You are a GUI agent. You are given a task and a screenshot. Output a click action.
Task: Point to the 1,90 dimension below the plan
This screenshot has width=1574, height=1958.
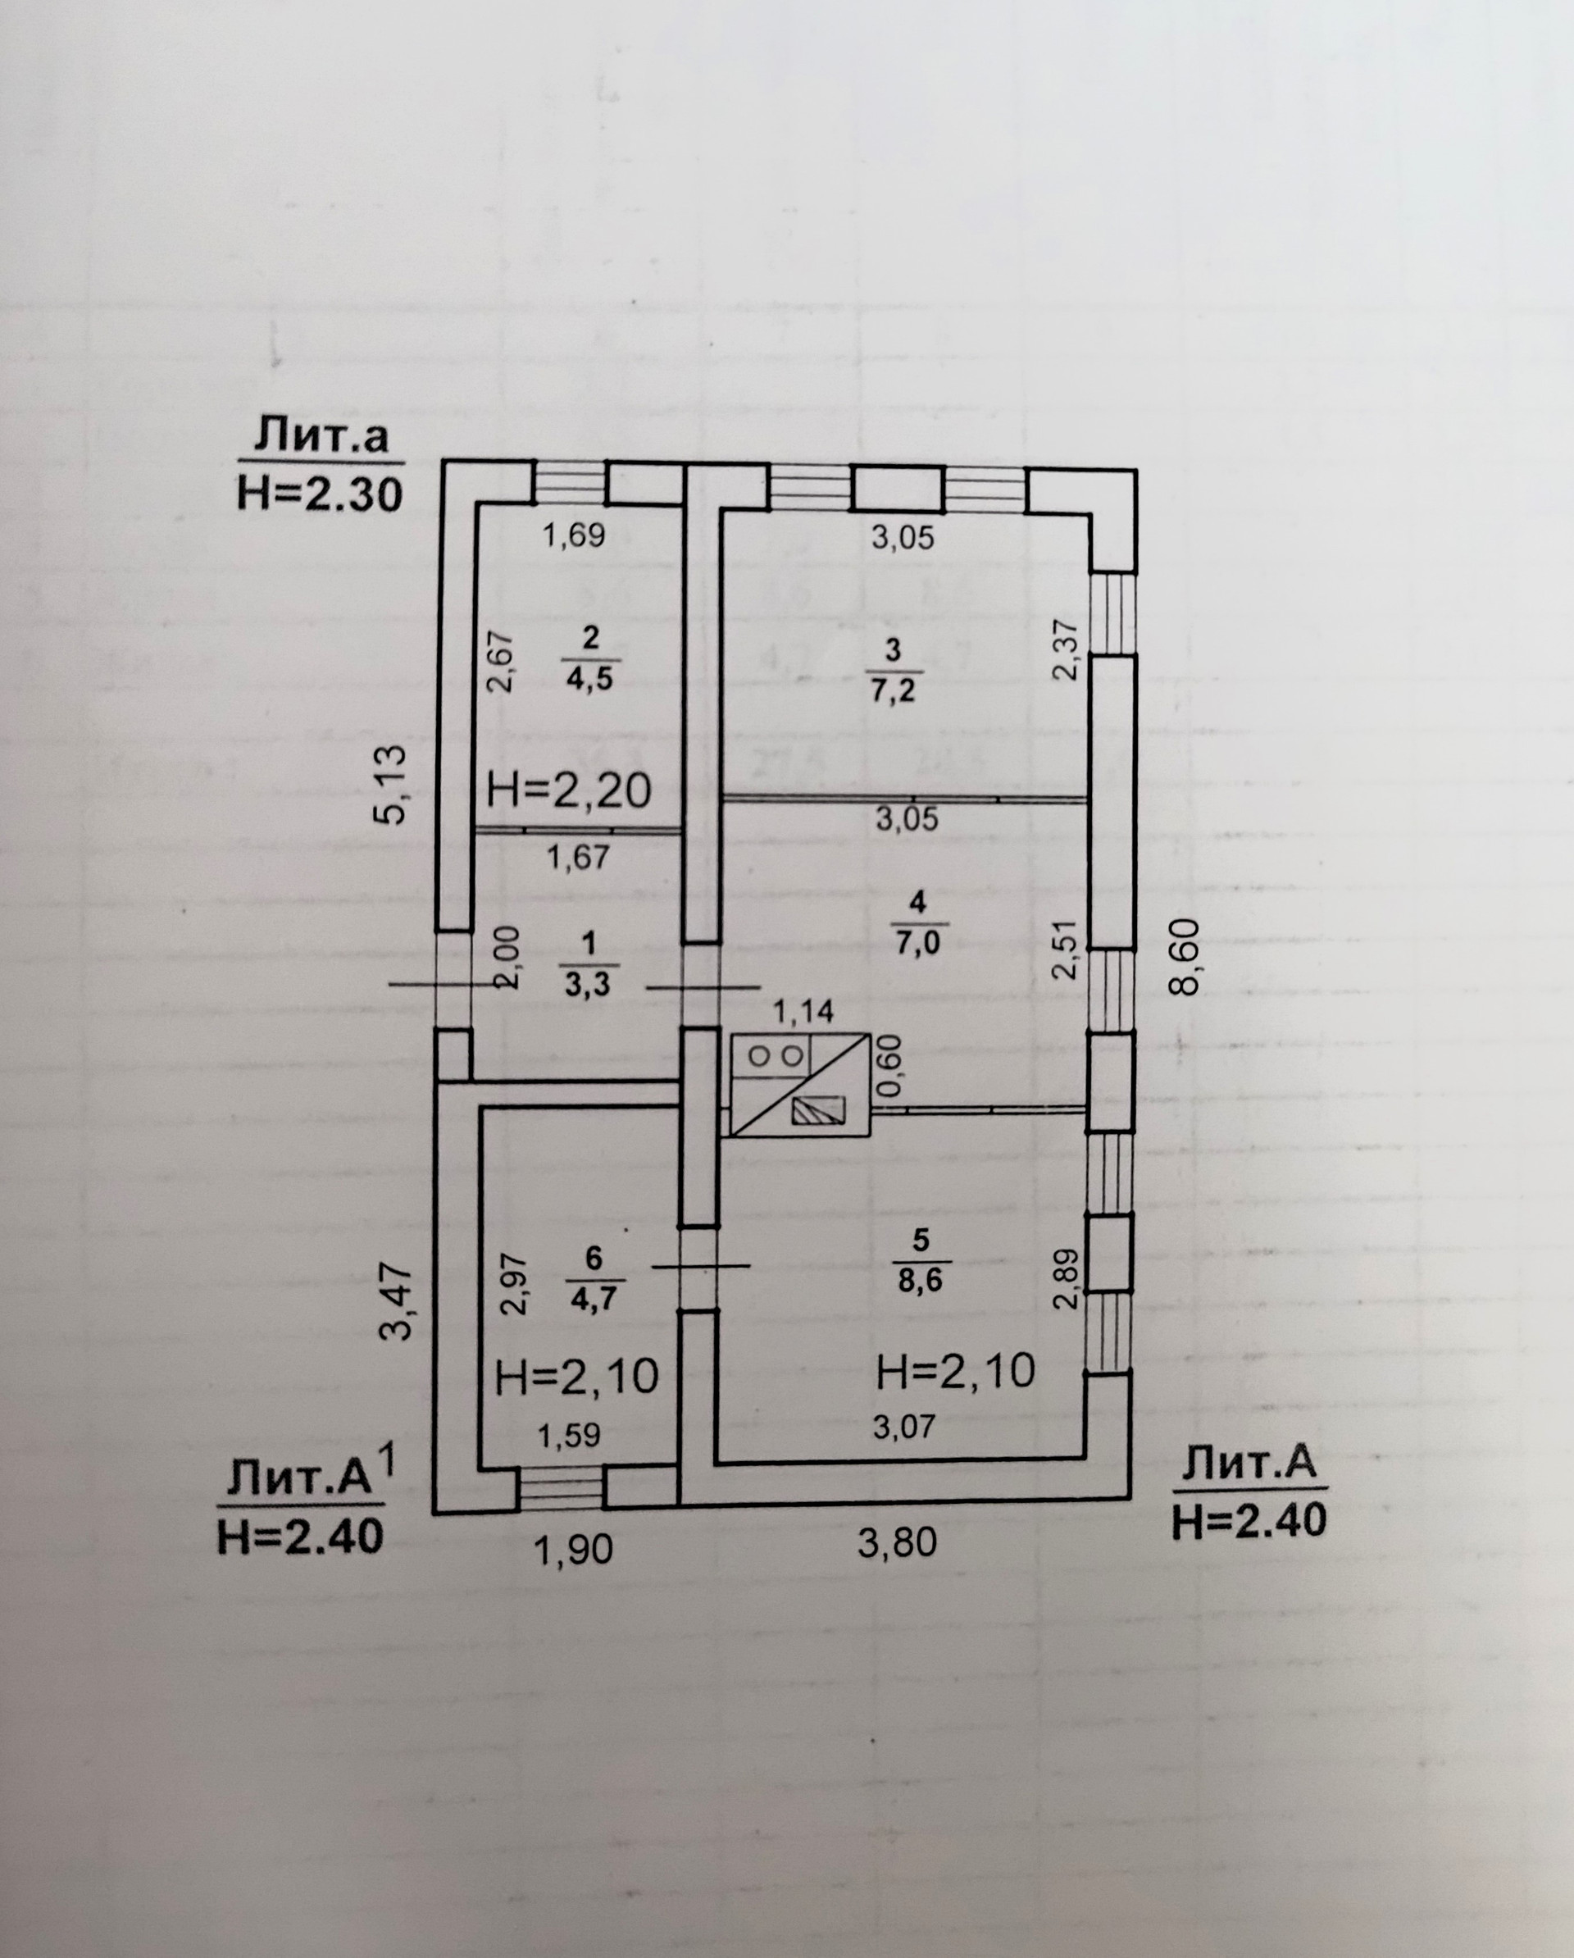coord(574,1548)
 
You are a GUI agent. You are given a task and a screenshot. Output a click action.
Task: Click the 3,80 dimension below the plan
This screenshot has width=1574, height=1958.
coord(898,1542)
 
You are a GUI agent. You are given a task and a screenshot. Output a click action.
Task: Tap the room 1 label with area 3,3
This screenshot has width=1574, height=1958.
coord(589,963)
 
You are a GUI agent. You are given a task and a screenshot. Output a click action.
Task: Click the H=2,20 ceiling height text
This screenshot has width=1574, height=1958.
coord(570,790)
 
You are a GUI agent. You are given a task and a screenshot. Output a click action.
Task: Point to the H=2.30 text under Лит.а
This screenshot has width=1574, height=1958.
coord(320,496)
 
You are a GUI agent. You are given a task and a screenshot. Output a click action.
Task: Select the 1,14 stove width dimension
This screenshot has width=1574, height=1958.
coord(803,1012)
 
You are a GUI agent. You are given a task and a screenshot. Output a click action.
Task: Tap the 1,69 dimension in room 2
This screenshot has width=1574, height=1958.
coord(574,535)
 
